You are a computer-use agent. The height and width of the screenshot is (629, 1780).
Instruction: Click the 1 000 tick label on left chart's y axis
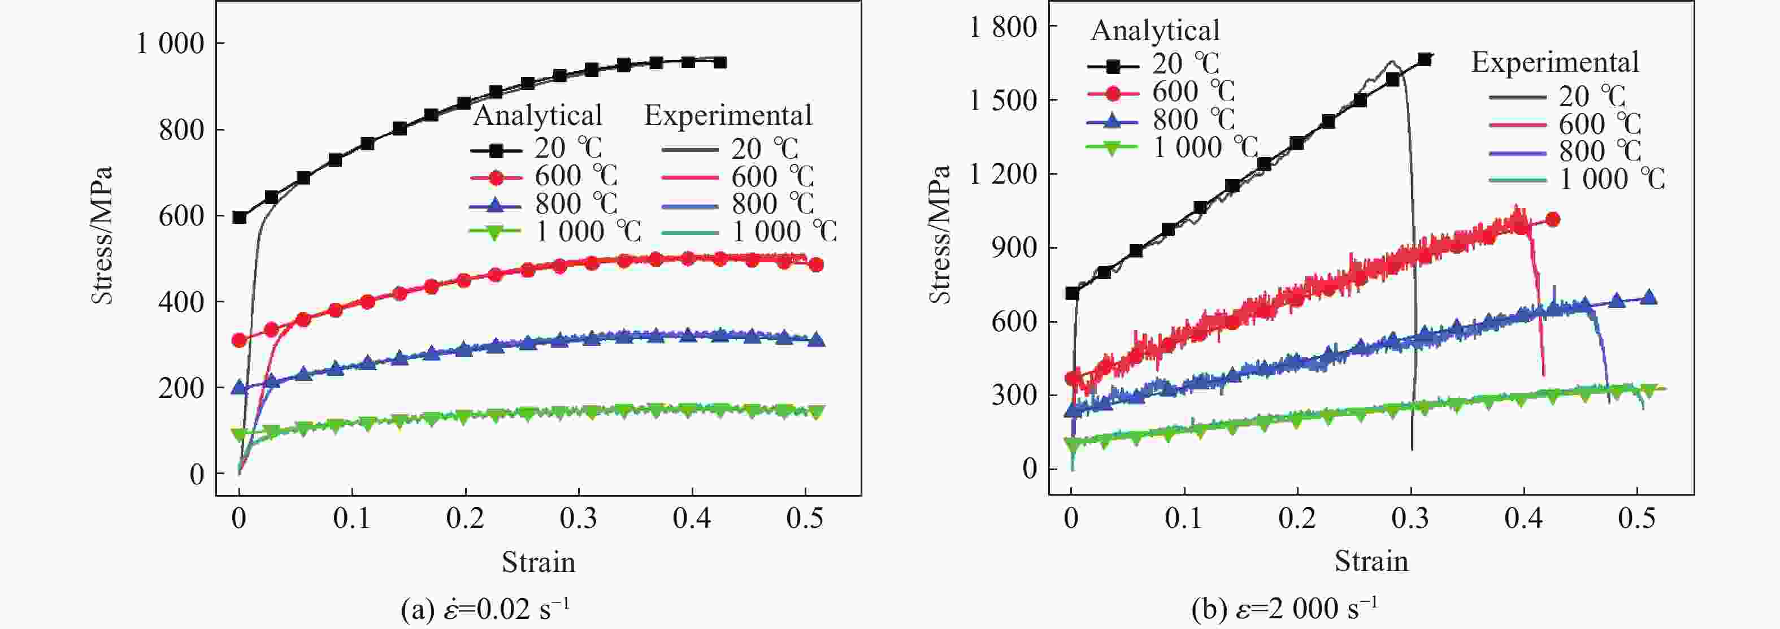[x=170, y=44]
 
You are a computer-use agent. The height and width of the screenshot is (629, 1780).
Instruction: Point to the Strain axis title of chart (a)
[x=539, y=562]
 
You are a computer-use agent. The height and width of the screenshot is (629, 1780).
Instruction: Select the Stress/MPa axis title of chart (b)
[x=940, y=235]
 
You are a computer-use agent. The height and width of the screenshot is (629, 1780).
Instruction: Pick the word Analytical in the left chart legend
[x=537, y=115]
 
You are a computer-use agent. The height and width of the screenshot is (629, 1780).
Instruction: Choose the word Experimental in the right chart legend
[x=1555, y=62]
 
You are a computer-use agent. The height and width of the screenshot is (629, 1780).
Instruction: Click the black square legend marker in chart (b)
[x=1113, y=66]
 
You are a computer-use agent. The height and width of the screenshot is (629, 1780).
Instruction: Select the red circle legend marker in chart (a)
[x=496, y=177]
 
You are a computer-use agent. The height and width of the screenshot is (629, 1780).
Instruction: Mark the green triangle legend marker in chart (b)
[x=1113, y=148]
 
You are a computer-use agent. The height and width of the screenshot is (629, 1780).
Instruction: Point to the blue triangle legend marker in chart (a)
[x=496, y=205]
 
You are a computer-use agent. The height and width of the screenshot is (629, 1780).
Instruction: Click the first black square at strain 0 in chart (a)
[x=240, y=217]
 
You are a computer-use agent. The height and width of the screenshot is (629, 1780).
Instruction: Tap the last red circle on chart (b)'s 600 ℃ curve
[x=1553, y=220]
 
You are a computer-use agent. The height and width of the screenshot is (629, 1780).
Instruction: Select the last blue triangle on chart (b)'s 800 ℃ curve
[x=1649, y=297]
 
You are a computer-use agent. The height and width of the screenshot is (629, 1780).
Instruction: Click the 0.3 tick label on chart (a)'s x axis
[x=579, y=518]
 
